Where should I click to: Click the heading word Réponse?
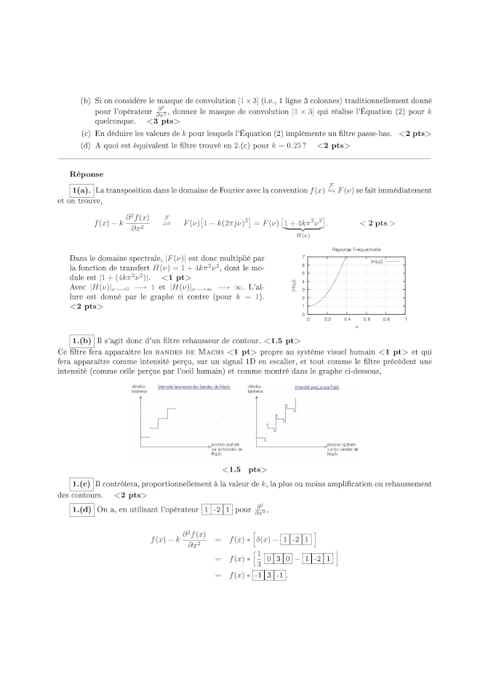click(x=87, y=174)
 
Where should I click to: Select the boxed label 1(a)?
click(x=80, y=190)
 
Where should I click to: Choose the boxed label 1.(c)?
click(x=81, y=484)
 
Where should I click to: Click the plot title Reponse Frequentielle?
click(x=356, y=249)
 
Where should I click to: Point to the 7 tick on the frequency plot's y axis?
click(x=303, y=256)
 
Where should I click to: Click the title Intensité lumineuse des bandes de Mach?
click(x=194, y=387)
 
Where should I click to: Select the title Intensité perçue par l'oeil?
click(x=316, y=387)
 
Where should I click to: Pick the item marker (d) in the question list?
click(x=86, y=145)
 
